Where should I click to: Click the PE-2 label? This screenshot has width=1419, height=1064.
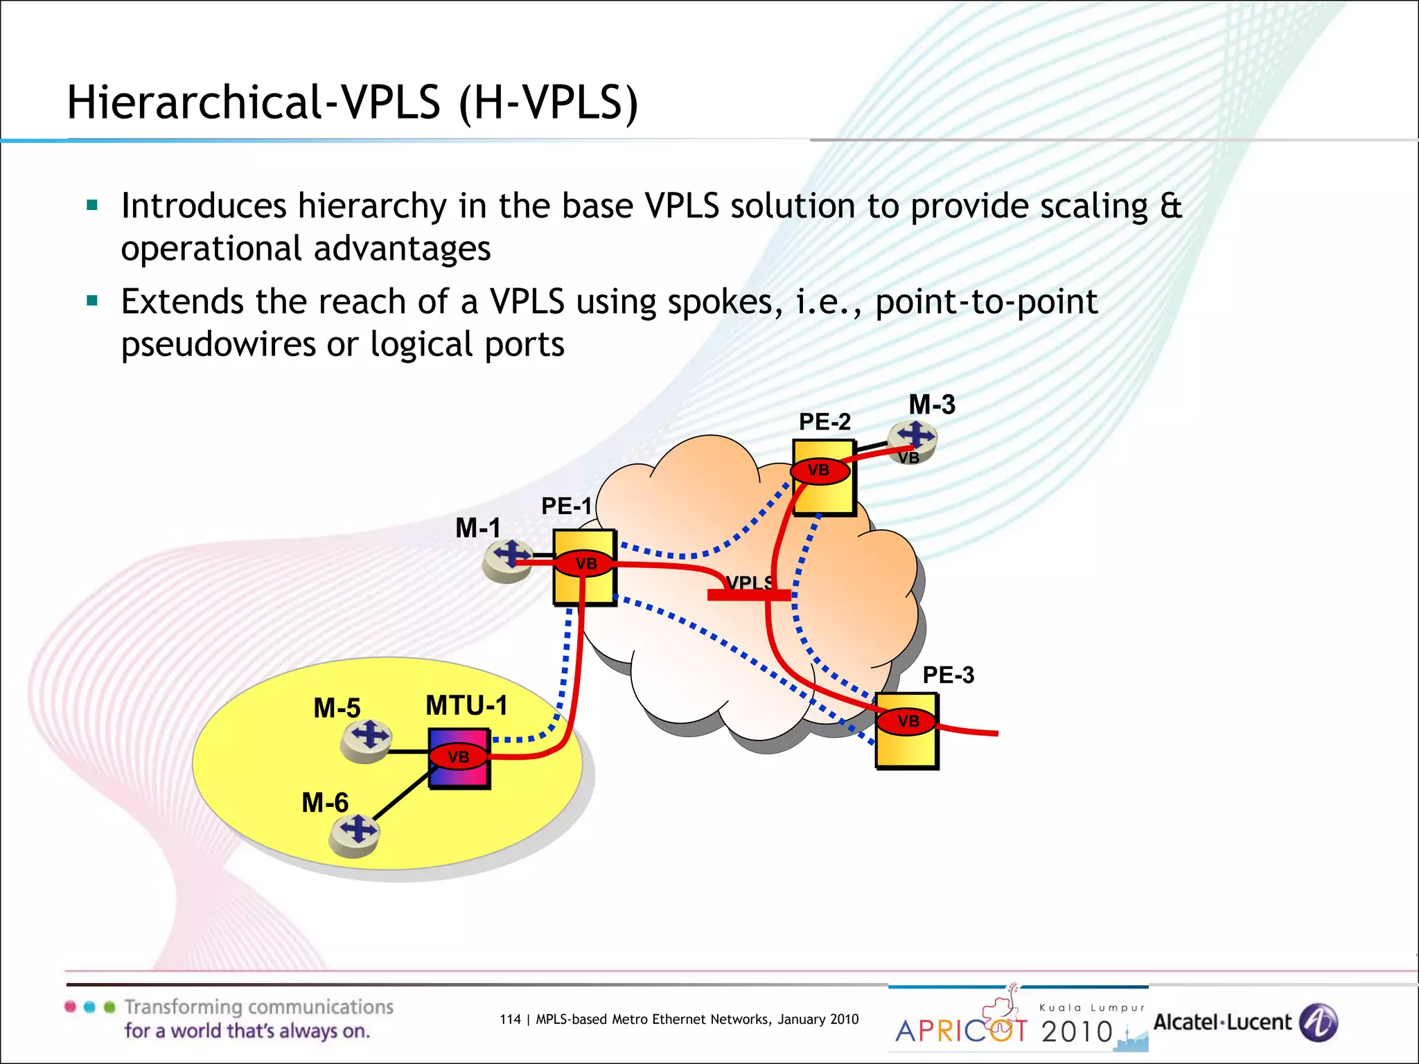point(825,422)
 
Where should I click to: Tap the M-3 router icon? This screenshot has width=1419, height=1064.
point(914,439)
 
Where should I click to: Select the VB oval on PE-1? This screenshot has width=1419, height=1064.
point(585,564)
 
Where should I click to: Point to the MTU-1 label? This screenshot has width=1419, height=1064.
point(466,706)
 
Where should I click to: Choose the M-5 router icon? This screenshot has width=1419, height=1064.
point(367,740)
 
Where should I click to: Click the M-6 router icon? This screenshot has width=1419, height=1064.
point(355,833)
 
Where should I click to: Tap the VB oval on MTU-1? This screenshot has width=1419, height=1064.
point(458,757)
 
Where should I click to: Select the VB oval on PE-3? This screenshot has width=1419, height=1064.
point(908,721)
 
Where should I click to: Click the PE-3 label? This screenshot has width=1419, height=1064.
point(948,675)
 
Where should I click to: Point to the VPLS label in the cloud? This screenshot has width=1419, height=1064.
point(749,583)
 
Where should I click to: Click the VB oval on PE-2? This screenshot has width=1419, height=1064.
point(818,470)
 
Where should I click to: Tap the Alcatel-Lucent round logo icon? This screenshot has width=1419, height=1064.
point(1319,1022)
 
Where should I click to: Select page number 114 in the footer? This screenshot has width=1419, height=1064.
point(510,1020)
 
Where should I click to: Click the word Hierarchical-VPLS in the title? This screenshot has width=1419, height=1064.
point(254,103)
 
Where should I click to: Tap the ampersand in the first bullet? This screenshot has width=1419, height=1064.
point(1171,206)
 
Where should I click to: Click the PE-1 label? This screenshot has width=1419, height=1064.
point(566,506)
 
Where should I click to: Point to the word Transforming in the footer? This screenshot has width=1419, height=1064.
point(179,1007)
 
